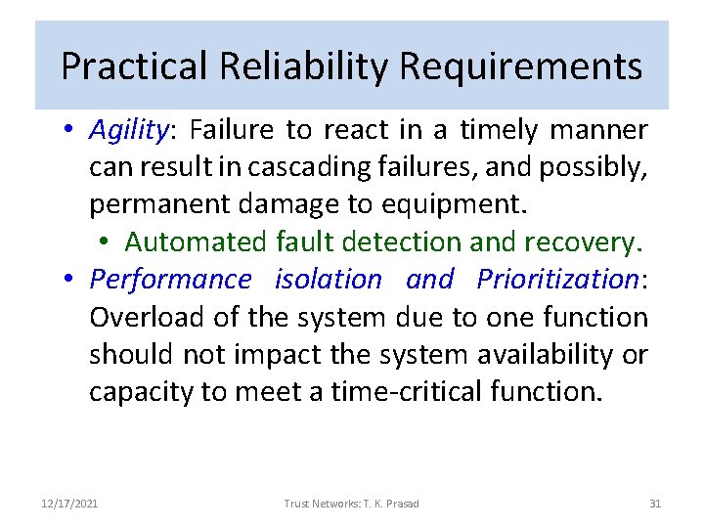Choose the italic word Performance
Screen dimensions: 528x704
170,280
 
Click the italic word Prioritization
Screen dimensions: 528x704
556,280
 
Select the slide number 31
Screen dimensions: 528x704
655,504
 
